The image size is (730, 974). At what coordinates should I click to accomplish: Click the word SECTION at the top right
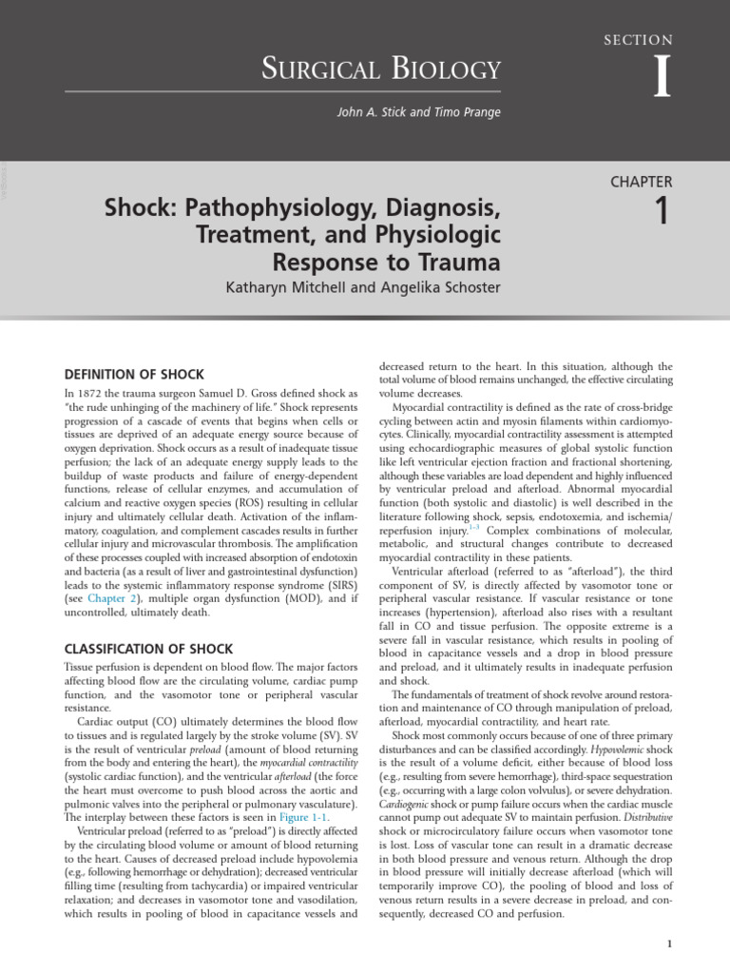coord(638,40)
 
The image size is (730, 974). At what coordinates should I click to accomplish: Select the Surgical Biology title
coord(381,69)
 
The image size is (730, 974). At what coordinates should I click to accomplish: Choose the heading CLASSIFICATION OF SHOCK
coord(147,649)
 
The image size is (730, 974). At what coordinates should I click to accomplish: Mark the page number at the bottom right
coord(670,943)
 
